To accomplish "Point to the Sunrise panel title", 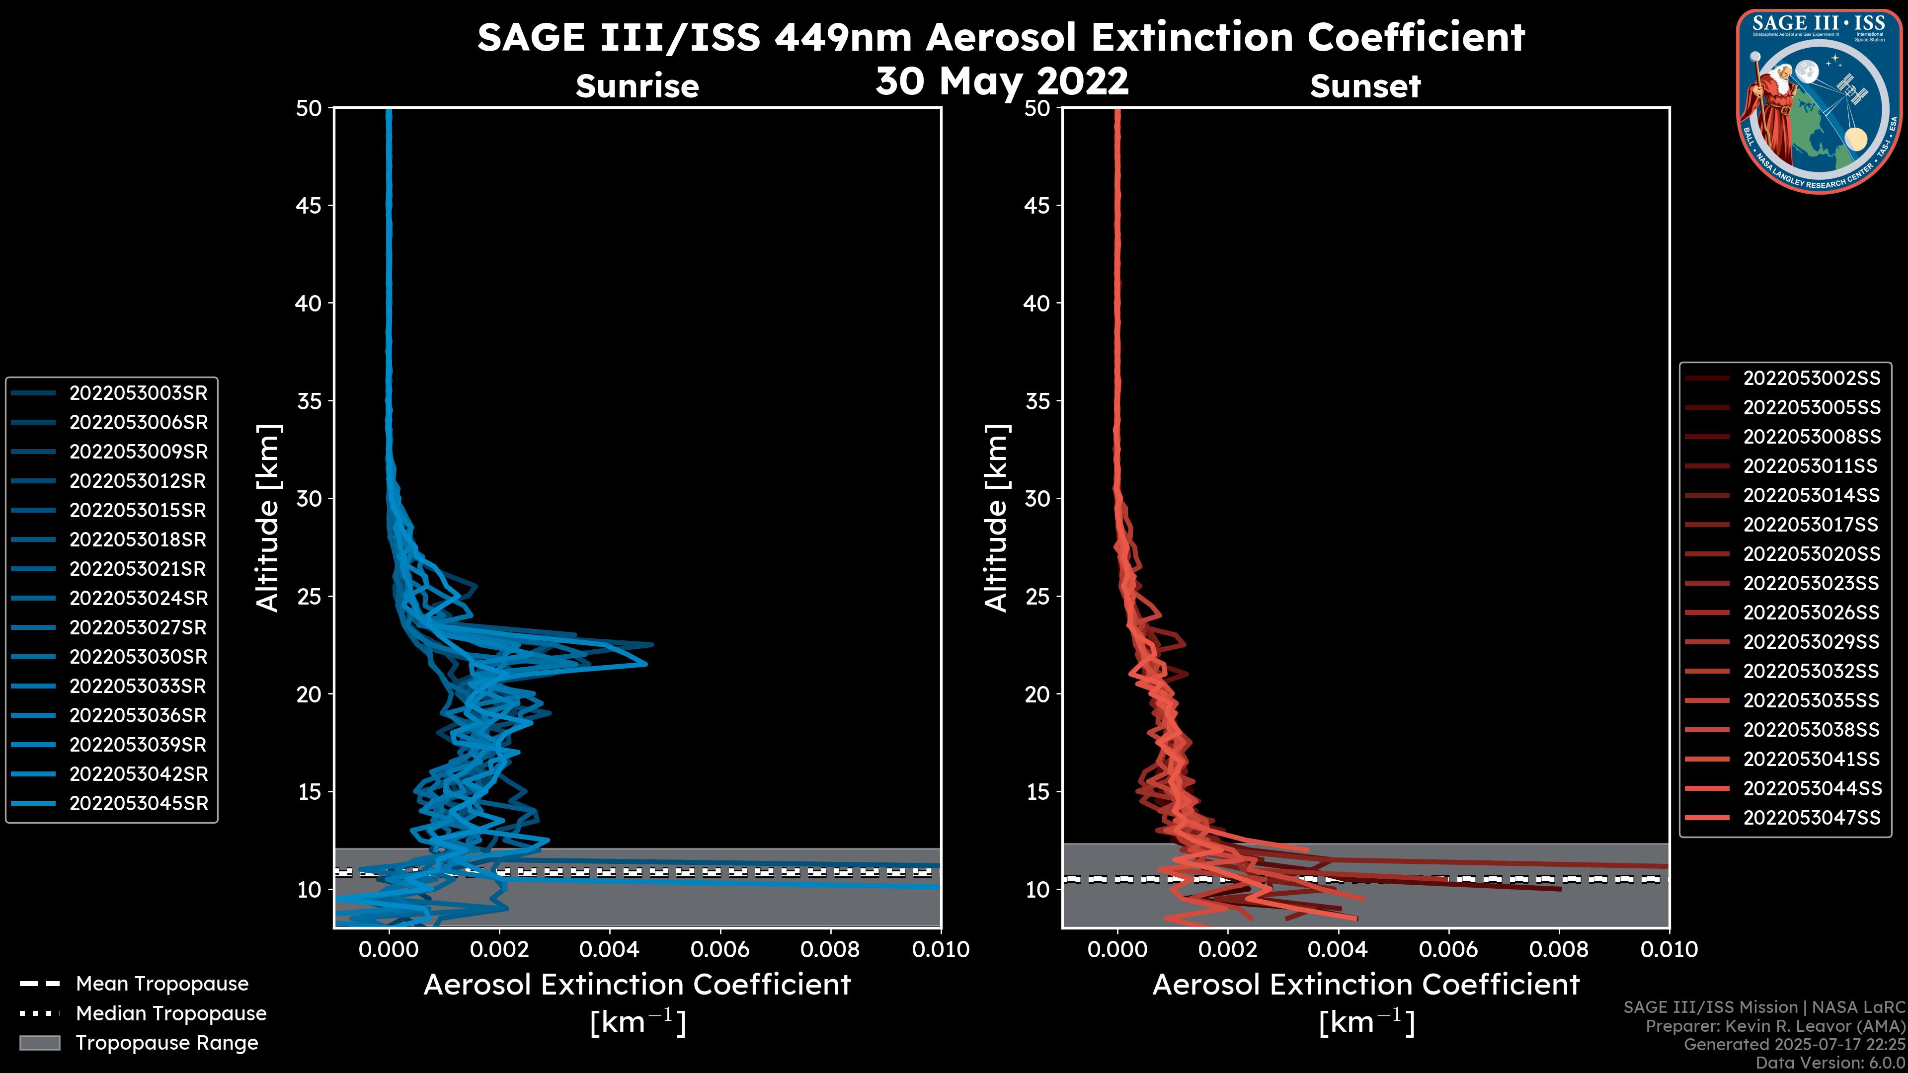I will [637, 86].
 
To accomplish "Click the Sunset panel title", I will [1365, 86].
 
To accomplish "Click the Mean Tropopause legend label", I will [162, 984].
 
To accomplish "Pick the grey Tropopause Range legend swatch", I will [39, 1043].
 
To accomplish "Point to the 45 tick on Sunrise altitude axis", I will [309, 205].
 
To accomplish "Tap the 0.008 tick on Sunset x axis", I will [1559, 949].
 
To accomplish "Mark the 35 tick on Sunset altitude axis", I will [1037, 400].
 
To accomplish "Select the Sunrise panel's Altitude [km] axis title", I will [267, 518].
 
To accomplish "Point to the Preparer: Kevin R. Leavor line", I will [1775, 1026].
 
